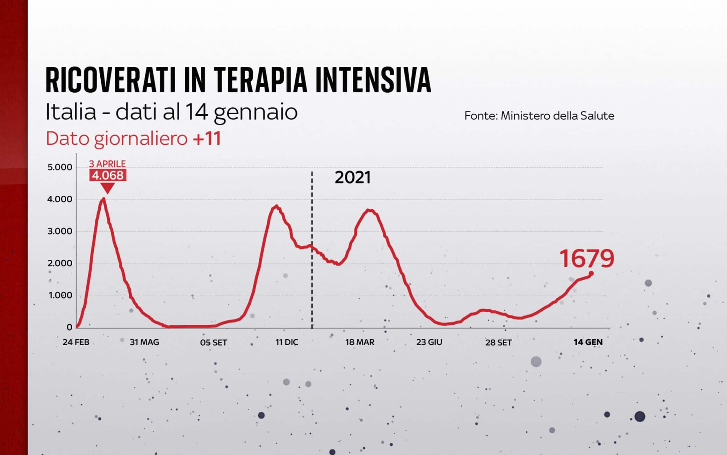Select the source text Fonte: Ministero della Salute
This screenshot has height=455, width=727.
pyautogui.click(x=539, y=116)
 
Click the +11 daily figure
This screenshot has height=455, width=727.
pyautogui.click(x=207, y=138)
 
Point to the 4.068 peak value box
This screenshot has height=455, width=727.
pyautogui.click(x=108, y=175)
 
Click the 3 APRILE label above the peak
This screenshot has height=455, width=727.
pyautogui.click(x=107, y=164)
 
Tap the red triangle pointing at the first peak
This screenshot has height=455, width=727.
pyautogui.click(x=108, y=188)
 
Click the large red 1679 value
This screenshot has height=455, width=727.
pyautogui.click(x=586, y=259)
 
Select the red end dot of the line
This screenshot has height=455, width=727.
pyautogui.click(x=591, y=273)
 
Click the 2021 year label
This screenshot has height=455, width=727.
pyautogui.click(x=352, y=178)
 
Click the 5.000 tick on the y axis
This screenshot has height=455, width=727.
pyautogui.click(x=60, y=167)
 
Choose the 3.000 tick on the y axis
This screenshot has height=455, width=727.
pyautogui.click(x=60, y=231)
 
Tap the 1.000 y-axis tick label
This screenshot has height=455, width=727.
pyautogui.click(x=60, y=295)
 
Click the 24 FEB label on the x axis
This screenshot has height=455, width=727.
pyautogui.click(x=76, y=342)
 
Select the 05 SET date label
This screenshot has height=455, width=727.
pyautogui.click(x=214, y=342)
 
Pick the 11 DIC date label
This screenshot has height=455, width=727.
pyautogui.click(x=287, y=342)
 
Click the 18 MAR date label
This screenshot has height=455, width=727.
pyautogui.click(x=360, y=342)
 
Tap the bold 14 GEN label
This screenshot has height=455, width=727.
pyautogui.click(x=588, y=342)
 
